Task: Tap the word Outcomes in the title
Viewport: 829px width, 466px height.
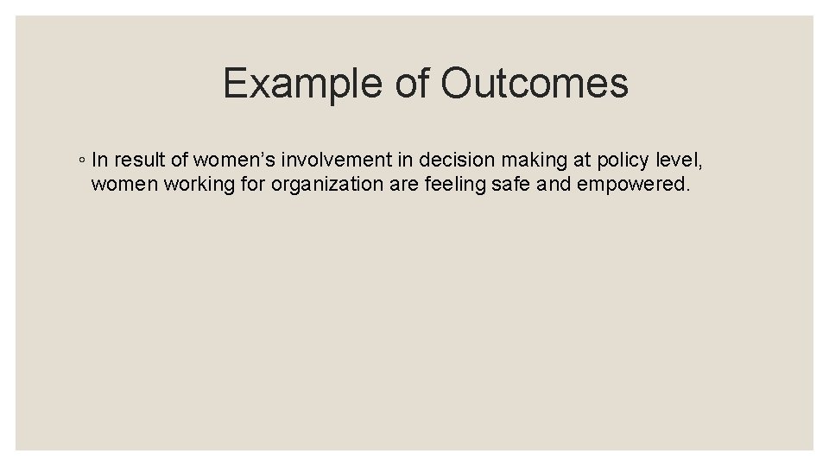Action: coord(534,84)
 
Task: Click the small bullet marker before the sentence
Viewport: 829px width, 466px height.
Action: coord(79,161)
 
